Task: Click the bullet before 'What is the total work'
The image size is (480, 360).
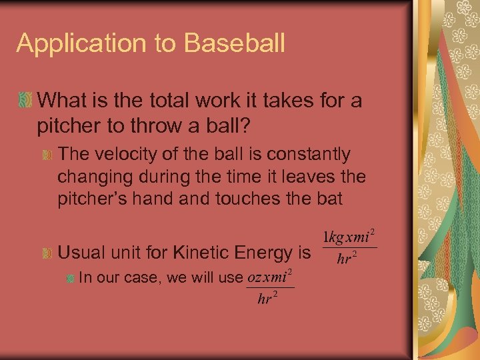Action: pos(25,101)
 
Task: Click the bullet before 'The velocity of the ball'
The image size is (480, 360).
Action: pos(46,155)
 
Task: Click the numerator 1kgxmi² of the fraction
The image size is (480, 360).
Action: pos(349,237)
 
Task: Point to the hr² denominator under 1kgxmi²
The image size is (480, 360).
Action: pos(345,259)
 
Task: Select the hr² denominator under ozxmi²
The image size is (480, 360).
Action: pos(267,299)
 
